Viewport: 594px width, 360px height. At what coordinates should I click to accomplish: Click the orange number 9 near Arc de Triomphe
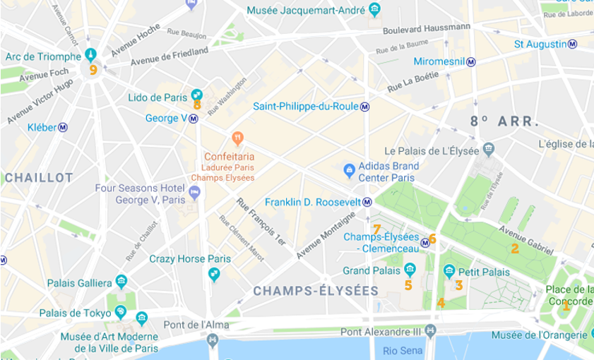(x=93, y=69)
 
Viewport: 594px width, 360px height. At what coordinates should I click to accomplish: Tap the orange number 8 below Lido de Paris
(x=197, y=105)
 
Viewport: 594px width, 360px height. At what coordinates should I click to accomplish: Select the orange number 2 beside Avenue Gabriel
(x=515, y=248)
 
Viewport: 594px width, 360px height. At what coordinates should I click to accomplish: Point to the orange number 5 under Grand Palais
(x=408, y=285)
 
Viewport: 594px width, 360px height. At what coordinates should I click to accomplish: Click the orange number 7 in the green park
(x=376, y=229)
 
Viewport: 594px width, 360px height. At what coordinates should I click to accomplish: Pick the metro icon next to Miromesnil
(x=470, y=62)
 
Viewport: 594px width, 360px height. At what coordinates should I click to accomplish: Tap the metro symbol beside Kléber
(x=63, y=128)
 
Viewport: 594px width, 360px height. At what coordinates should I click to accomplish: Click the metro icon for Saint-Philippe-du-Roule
(x=364, y=107)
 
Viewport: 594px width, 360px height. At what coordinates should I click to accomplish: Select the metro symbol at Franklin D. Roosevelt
(x=367, y=203)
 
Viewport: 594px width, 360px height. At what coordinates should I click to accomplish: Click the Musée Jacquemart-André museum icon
(x=374, y=9)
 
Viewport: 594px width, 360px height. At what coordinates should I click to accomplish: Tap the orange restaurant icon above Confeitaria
(x=237, y=136)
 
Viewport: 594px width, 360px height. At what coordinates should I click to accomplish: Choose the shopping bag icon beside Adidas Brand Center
(x=349, y=170)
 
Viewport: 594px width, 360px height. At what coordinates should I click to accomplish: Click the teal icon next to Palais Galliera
(x=121, y=282)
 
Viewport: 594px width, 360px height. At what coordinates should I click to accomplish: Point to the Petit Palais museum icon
(x=449, y=271)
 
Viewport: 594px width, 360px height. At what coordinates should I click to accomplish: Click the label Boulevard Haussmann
(x=426, y=29)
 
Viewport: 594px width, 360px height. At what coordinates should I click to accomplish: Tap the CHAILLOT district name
(x=39, y=178)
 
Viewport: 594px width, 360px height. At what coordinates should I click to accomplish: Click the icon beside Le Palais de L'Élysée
(x=489, y=150)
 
